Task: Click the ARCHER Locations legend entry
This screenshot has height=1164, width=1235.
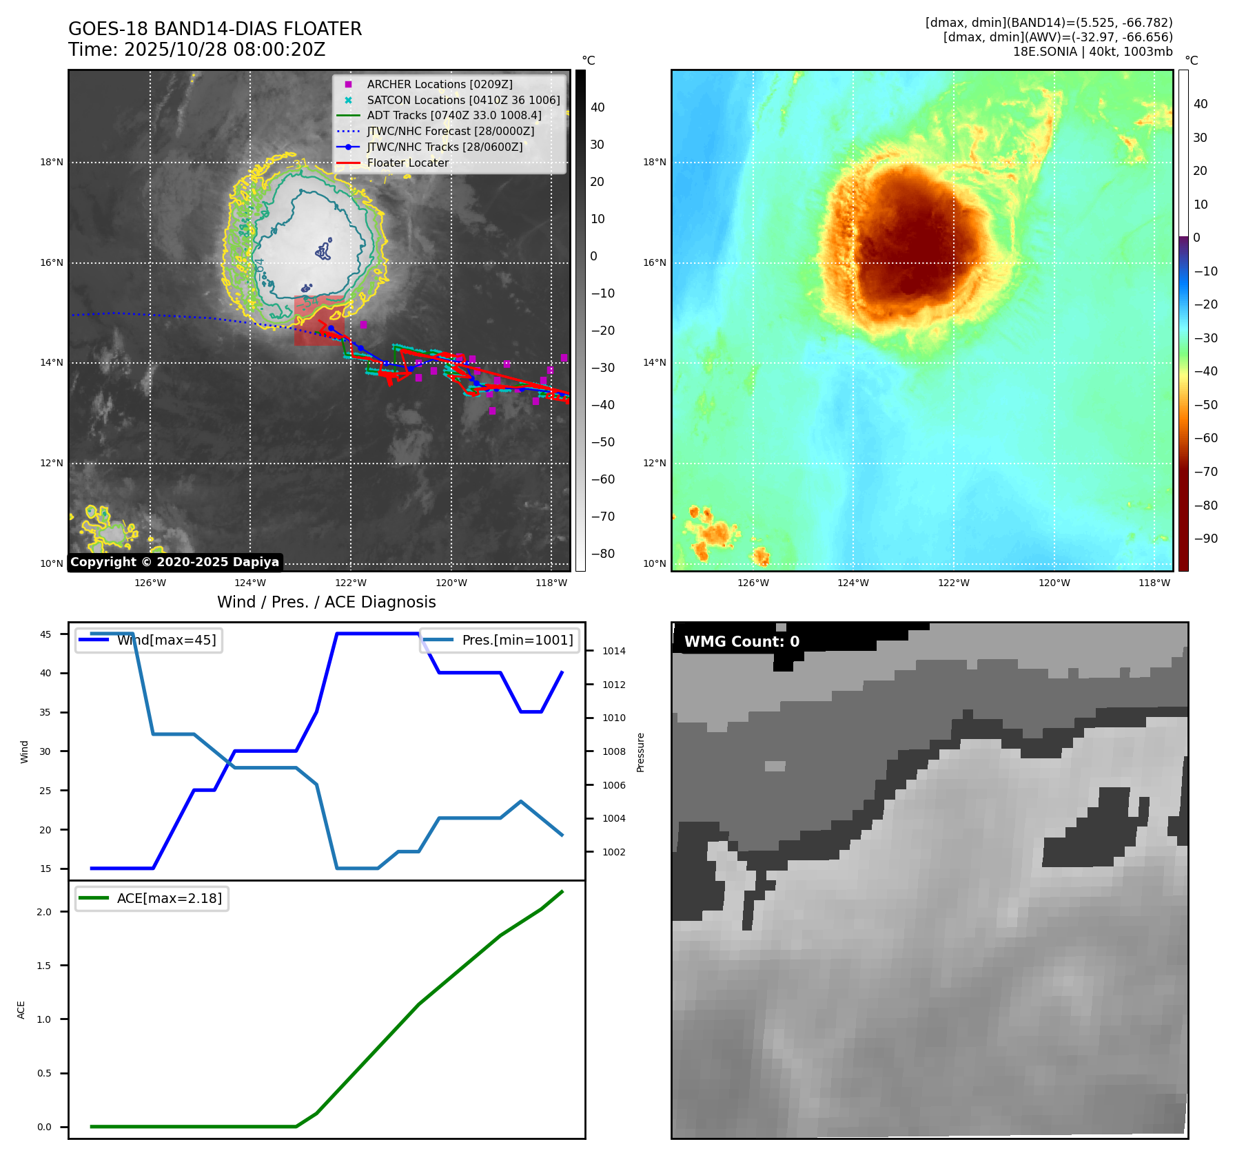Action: tap(440, 84)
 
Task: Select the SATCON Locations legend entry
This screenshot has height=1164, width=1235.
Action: tap(463, 100)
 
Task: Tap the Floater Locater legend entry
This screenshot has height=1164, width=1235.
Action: tap(407, 163)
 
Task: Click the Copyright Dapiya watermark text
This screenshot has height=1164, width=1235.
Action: tap(174, 562)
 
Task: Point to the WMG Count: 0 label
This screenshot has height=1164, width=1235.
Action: tap(742, 642)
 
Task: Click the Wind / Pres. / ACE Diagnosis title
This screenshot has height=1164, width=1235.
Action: tap(326, 602)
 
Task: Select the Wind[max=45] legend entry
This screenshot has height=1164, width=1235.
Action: tap(166, 640)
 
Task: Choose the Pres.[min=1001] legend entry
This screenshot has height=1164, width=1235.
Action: tap(517, 640)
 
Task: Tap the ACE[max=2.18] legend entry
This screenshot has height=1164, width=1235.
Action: tap(169, 898)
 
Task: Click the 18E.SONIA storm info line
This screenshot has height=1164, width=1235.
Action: tap(1092, 52)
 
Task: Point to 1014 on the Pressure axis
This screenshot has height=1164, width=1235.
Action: tap(613, 651)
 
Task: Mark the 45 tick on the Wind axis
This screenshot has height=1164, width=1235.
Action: tap(45, 634)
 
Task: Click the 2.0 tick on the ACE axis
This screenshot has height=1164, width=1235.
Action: tap(44, 912)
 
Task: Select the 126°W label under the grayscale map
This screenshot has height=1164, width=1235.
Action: tap(150, 583)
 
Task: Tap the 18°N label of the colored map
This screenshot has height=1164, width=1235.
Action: tap(654, 163)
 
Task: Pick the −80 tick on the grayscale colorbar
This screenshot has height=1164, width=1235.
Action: tap(602, 554)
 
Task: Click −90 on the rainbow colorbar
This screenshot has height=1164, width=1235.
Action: tap(1205, 539)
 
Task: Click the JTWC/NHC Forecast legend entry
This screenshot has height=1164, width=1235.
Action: tap(450, 131)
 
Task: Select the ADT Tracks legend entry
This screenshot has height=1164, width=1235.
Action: tap(454, 115)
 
